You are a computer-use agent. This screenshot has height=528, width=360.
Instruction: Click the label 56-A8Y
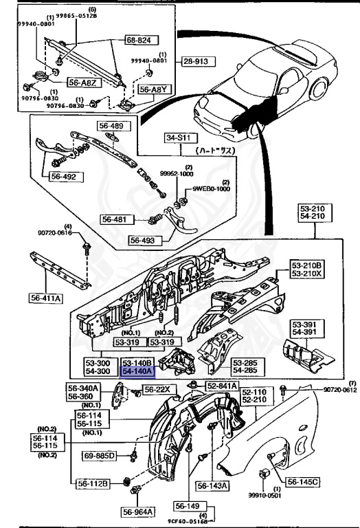[153, 89]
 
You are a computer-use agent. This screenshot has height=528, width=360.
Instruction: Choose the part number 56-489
[111, 126]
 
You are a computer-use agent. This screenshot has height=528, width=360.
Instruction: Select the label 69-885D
[100, 455]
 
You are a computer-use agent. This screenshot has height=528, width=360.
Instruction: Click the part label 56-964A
[139, 511]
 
